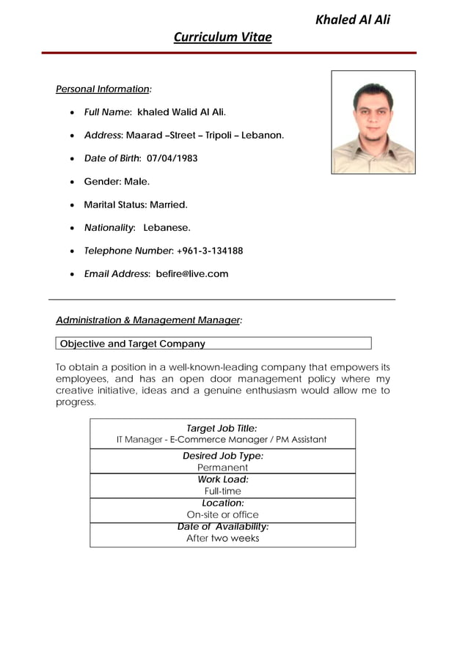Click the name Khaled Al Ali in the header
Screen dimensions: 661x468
352,20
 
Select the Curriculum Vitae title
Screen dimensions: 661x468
222,37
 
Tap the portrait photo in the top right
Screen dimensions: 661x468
373,122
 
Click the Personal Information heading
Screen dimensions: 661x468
103,89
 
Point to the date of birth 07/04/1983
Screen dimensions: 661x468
172,158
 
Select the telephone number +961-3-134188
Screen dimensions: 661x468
210,251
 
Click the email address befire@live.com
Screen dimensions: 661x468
192,274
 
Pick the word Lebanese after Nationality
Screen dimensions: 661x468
167,228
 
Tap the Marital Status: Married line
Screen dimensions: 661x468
136,204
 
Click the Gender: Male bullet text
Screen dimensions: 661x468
117,181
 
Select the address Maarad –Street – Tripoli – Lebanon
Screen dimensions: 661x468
205,136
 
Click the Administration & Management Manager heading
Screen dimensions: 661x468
149,320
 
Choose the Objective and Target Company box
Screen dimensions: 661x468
213,344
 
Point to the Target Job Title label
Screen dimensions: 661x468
222,428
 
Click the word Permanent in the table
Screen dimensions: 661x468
222,468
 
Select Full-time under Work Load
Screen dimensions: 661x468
222,491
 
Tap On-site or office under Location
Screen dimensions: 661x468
222,514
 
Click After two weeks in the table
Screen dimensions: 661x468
222,538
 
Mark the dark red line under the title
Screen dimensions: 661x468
228,53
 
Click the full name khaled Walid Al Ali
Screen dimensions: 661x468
181,112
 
